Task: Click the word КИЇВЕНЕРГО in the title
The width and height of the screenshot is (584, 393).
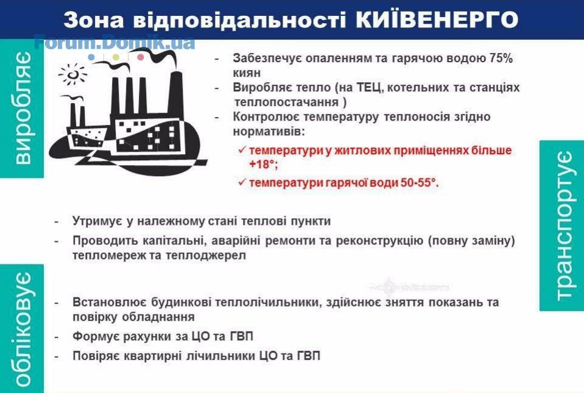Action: [x=437, y=19]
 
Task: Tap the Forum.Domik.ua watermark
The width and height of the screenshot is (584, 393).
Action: [x=114, y=42]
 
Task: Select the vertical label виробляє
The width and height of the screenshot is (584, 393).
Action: [x=23, y=108]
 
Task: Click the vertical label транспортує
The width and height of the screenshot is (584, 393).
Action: [x=563, y=225]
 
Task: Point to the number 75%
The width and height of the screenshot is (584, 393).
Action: [x=501, y=58]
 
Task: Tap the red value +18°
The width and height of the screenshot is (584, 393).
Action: [x=264, y=165]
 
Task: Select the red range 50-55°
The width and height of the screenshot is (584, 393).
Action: [x=420, y=183]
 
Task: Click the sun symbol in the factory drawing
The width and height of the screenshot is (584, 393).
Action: [x=72, y=74]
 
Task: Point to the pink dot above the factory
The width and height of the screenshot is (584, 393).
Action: [x=141, y=57]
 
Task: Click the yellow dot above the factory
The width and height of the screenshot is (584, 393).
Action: [x=116, y=57]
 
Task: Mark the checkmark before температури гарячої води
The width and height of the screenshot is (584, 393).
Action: [x=242, y=182]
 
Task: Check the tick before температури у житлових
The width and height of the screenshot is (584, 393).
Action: [x=242, y=150]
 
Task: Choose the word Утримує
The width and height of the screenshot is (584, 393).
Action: [x=97, y=221]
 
